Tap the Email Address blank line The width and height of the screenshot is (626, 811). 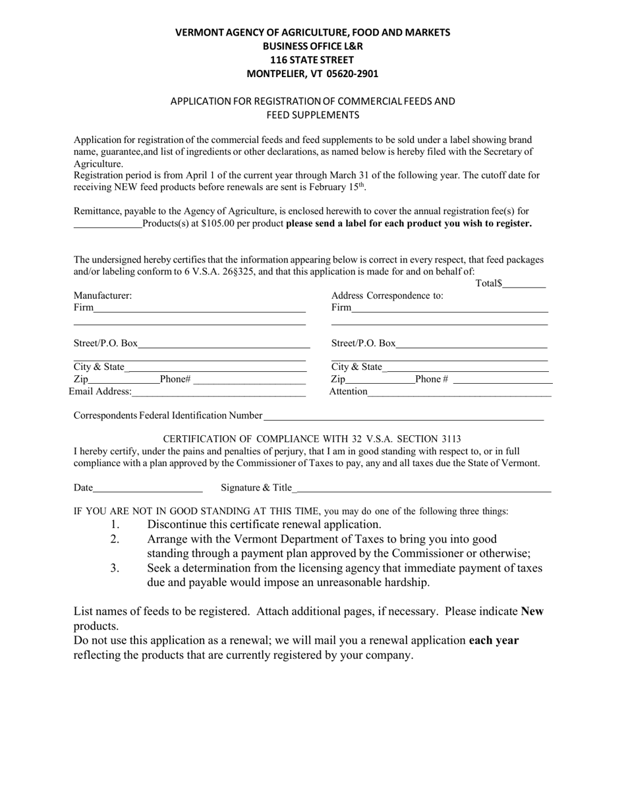[219, 393]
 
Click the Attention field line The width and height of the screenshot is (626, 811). [459, 392]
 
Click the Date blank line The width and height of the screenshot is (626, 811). [148, 489]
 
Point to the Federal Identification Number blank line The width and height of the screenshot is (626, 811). [403, 417]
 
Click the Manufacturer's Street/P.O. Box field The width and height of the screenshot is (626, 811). [224, 344]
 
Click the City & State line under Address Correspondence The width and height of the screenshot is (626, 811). [465, 368]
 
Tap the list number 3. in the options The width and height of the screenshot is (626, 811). [115, 568]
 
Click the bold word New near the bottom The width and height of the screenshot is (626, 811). [532, 611]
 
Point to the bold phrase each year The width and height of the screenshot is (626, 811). [494, 640]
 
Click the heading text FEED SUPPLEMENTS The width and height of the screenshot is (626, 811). [313, 115]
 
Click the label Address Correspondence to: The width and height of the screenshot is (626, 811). [387, 296]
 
